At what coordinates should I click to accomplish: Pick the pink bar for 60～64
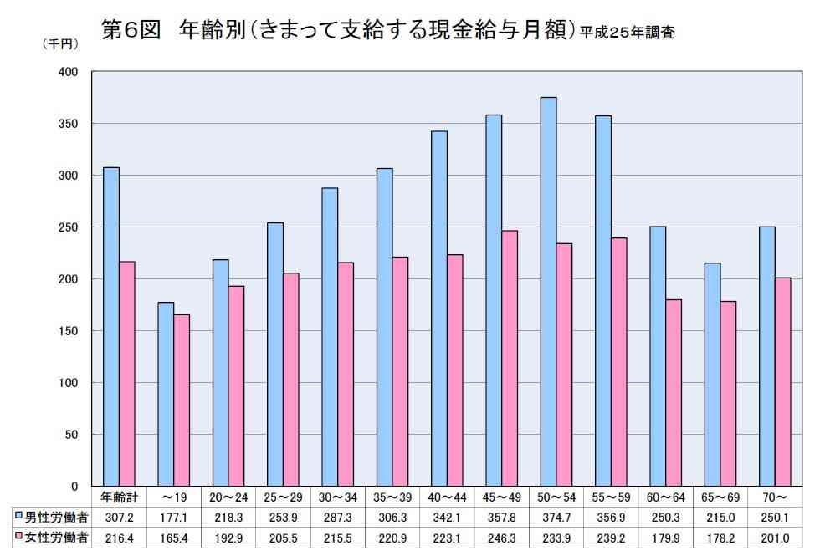[673, 392]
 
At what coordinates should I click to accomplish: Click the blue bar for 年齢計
[111, 326]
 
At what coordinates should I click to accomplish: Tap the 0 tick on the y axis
[74, 486]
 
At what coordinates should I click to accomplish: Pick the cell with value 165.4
[173, 538]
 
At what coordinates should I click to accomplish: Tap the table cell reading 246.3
[501, 538]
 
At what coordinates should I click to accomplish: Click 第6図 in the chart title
[131, 31]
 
